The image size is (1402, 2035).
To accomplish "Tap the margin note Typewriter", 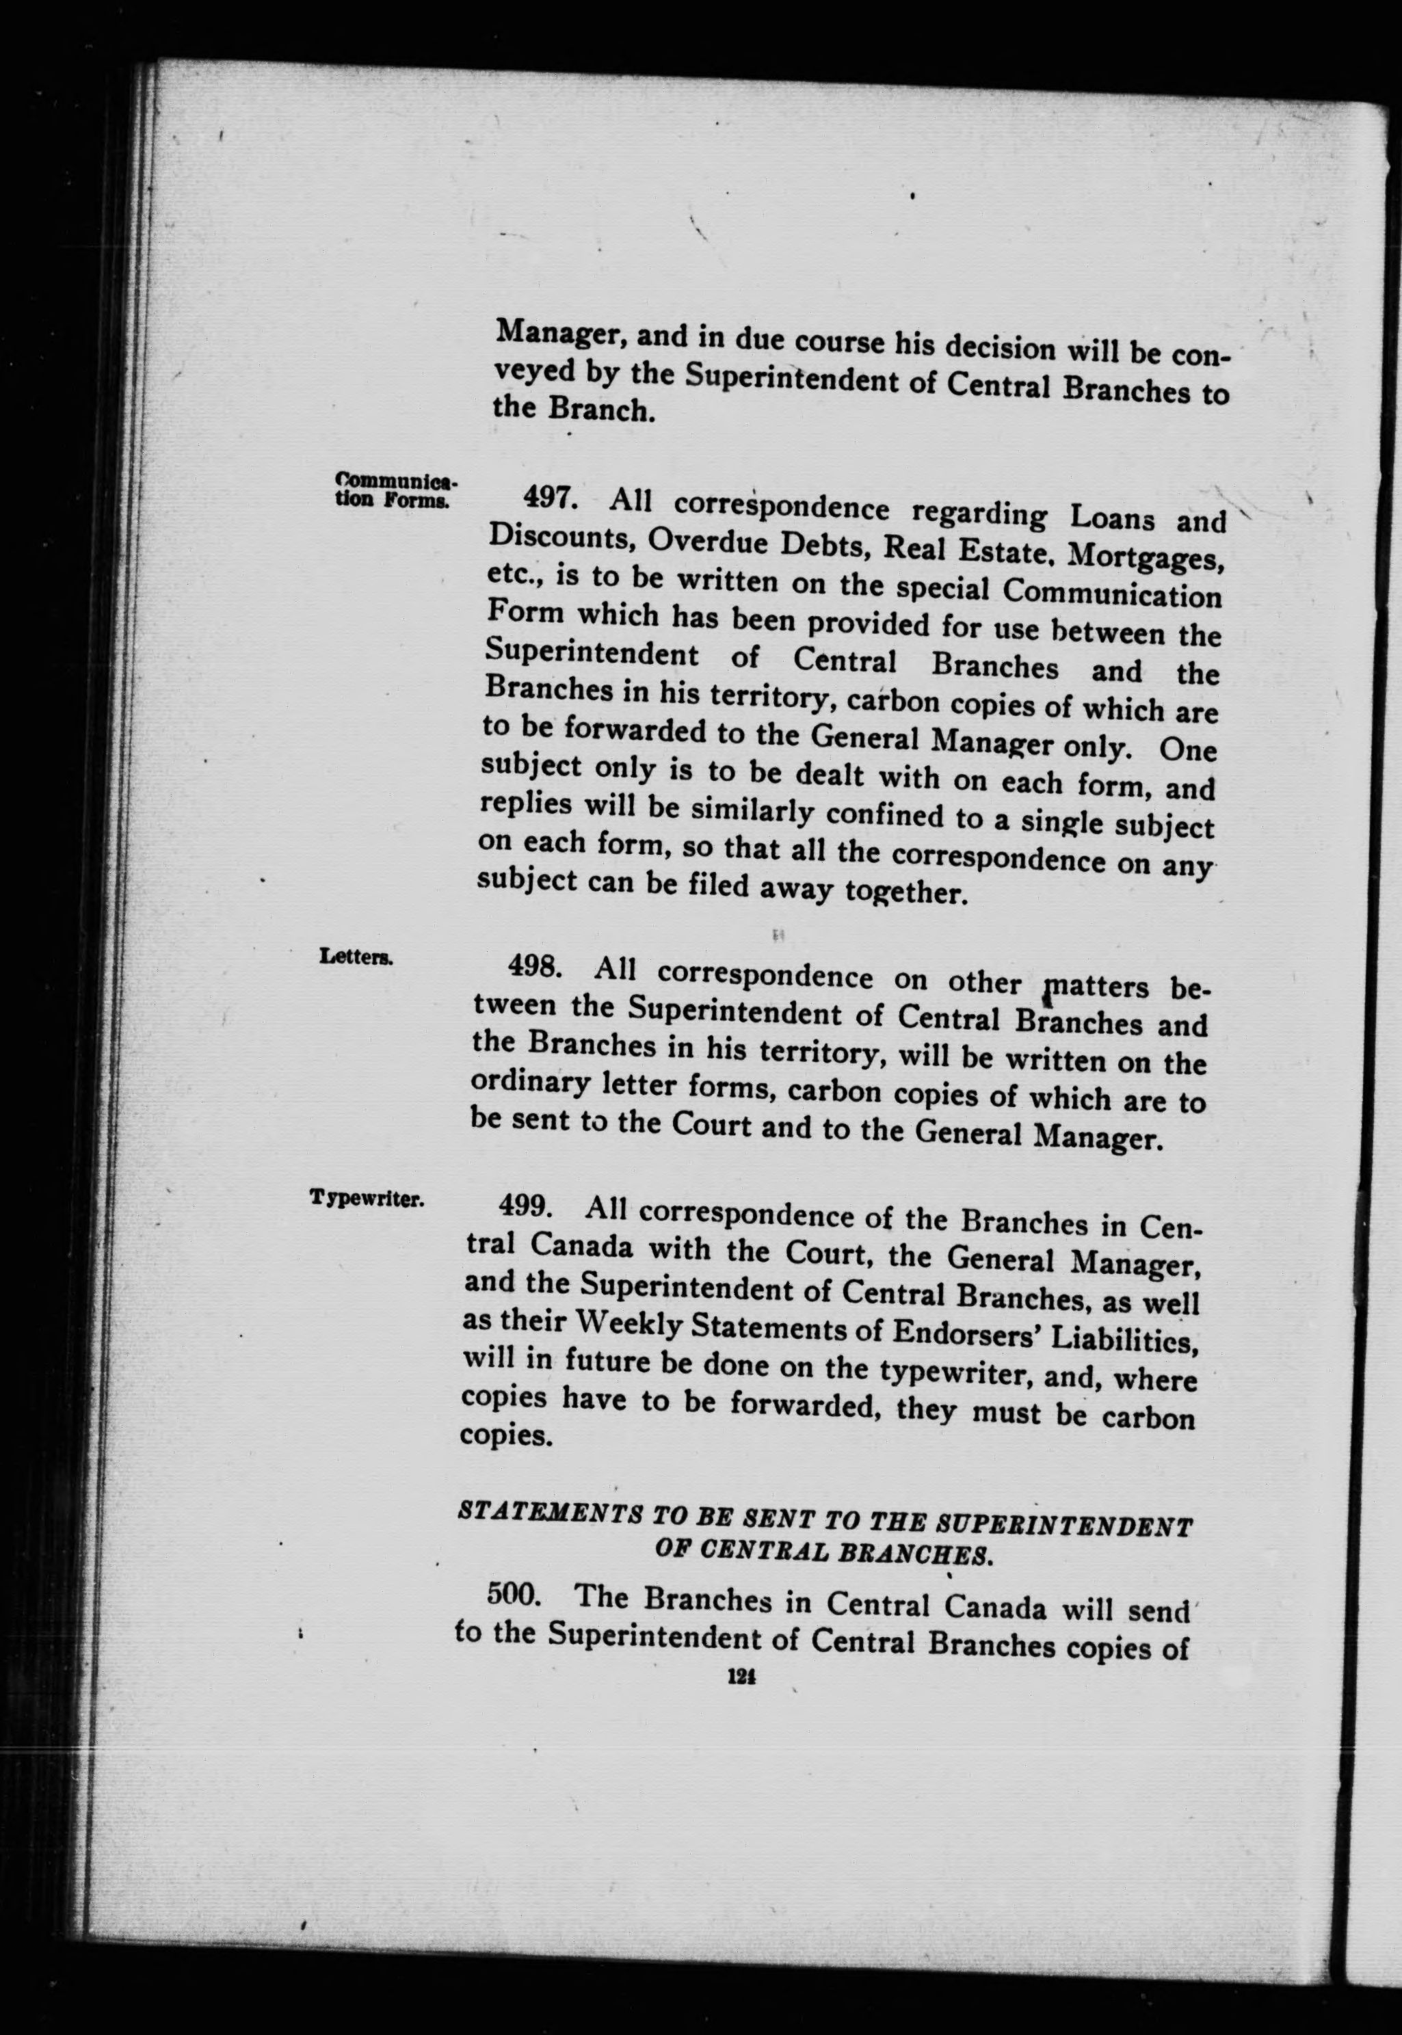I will [367, 1198].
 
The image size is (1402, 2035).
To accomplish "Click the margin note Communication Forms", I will [393, 491].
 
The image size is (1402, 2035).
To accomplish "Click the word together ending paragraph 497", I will [905, 893].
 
